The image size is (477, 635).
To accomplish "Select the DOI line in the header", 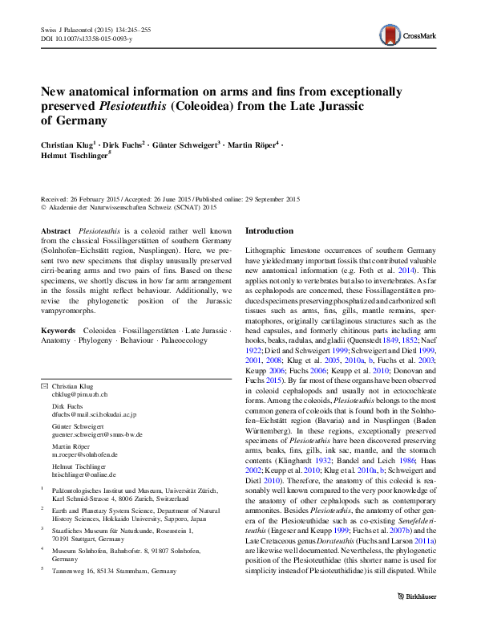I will click(x=87, y=38).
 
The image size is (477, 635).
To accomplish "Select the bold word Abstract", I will click(x=56, y=230).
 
